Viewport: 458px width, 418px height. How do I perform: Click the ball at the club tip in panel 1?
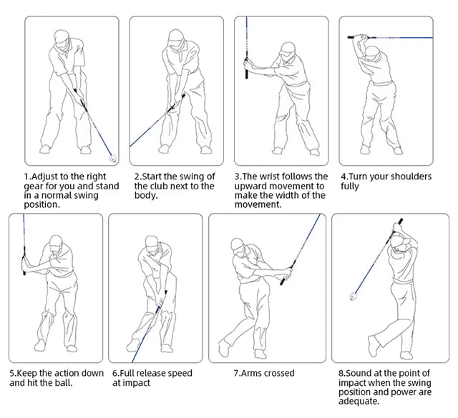click(x=113, y=159)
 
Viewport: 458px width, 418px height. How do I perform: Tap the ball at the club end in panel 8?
click(x=354, y=297)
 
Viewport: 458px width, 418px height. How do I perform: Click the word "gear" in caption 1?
click(x=34, y=186)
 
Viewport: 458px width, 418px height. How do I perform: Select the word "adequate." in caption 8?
click(x=359, y=402)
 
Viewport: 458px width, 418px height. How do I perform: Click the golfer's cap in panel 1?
click(x=62, y=36)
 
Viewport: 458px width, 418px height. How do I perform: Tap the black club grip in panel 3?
click(x=246, y=69)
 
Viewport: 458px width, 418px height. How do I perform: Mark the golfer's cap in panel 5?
click(x=56, y=242)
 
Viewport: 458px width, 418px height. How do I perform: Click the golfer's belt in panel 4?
click(x=381, y=84)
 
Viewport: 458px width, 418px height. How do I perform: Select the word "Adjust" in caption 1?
click(x=44, y=176)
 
